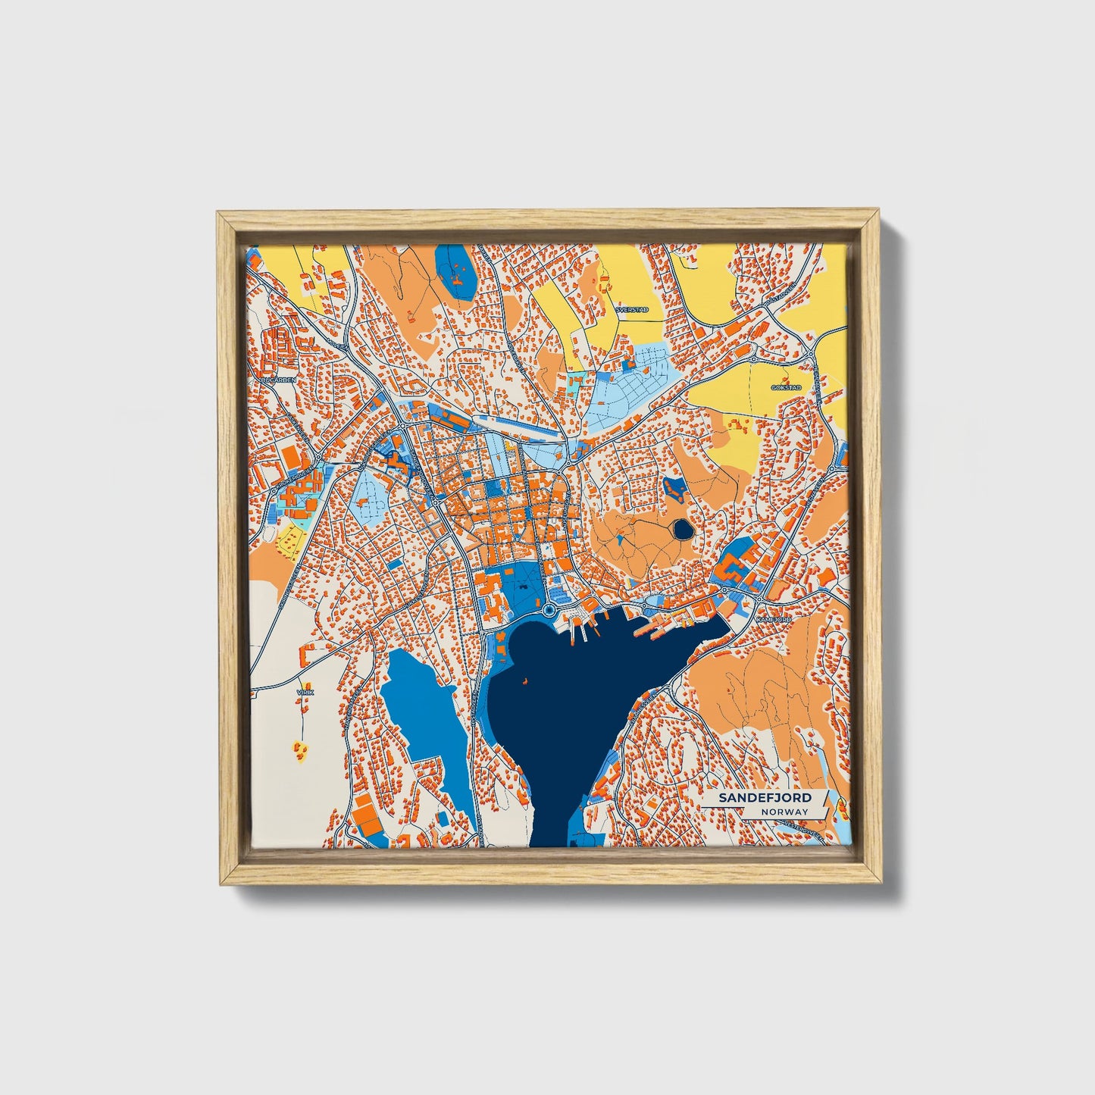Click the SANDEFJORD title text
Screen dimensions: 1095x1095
765,798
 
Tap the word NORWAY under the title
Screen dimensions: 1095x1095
786,812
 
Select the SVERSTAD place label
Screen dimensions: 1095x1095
632,310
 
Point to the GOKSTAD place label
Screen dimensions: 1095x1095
785,387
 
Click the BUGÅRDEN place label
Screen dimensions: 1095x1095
277,380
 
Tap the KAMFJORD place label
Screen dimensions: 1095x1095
773,620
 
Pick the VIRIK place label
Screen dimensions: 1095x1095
306,692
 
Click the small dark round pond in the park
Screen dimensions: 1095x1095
682,529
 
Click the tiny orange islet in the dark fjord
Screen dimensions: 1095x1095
524,680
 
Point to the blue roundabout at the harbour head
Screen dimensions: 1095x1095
549,609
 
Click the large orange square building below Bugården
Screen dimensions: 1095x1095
292,456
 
